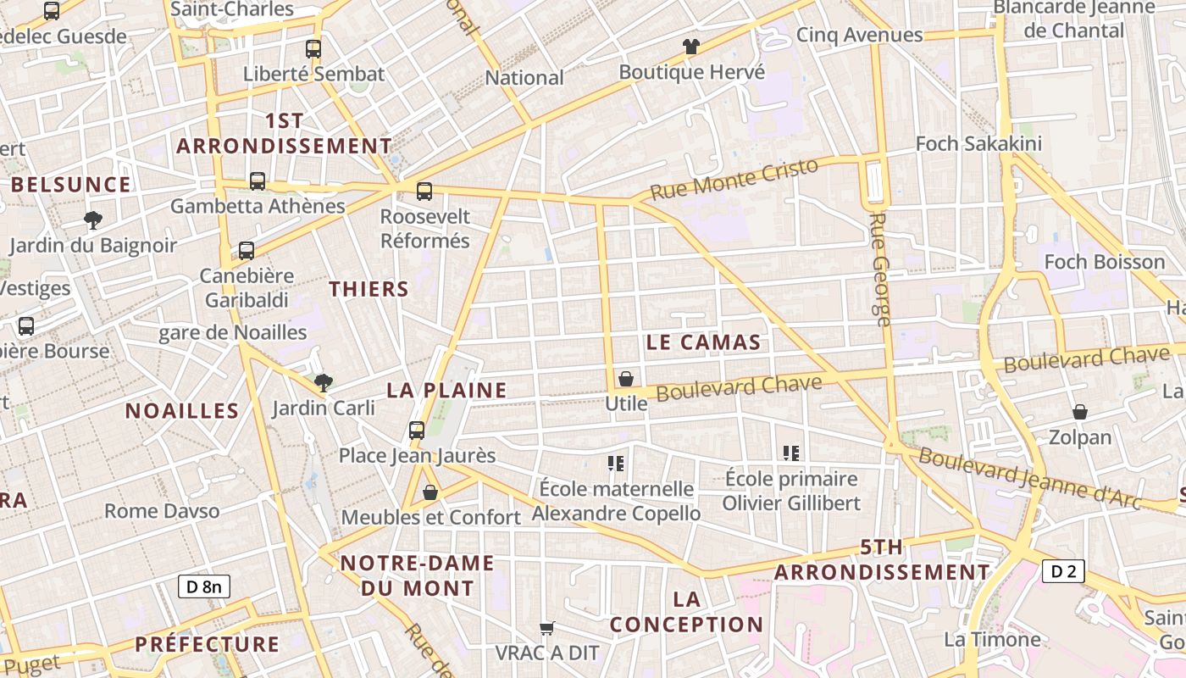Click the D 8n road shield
coord(204,586)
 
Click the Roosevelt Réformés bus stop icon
coord(424,192)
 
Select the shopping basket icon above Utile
coord(626,379)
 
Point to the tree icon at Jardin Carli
coord(323,382)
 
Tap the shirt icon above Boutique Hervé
coord(691,47)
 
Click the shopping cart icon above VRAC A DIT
coord(547,628)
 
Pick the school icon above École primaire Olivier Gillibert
coord(791,453)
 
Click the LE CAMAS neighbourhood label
coord(703,342)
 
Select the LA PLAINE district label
coord(446,390)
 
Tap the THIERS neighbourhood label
coord(369,289)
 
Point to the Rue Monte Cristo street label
coord(735,178)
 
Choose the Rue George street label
coord(880,270)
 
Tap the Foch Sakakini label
coord(978,143)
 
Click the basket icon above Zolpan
coord(1080,413)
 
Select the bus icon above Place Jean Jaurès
coord(417,430)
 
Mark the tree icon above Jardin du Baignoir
coord(93,220)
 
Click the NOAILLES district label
coord(182,411)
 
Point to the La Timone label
coord(992,639)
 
